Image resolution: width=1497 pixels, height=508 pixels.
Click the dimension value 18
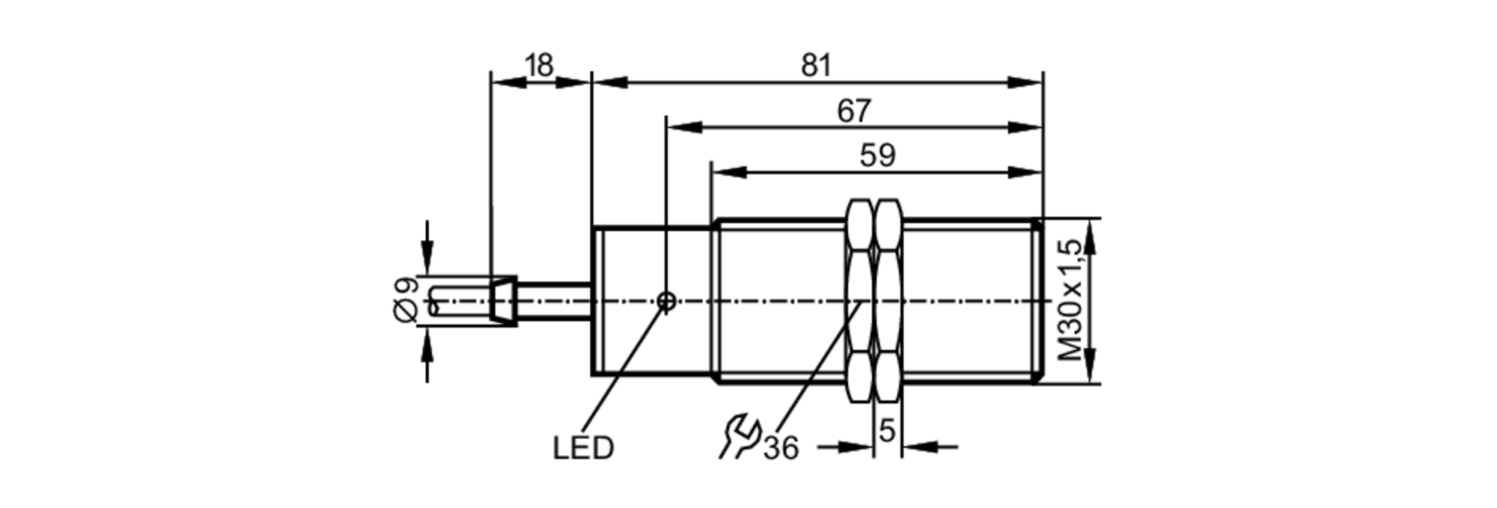click(538, 66)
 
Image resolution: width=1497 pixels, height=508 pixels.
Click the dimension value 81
click(816, 66)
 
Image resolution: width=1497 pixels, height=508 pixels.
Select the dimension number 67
click(853, 111)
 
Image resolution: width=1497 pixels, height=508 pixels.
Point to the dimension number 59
click(876, 156)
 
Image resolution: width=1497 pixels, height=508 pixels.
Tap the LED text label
click(583, 448)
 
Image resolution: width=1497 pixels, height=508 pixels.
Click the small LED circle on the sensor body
click(666, 302)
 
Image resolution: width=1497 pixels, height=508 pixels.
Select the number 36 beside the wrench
click(781, 448)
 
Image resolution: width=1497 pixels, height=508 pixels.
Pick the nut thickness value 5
click(887, 431)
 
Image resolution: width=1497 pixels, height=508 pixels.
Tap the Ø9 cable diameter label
click(406, 300)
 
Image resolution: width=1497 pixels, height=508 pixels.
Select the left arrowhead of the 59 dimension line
click(728, 172)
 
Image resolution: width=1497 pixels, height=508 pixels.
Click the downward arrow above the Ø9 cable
click(427, 258)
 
